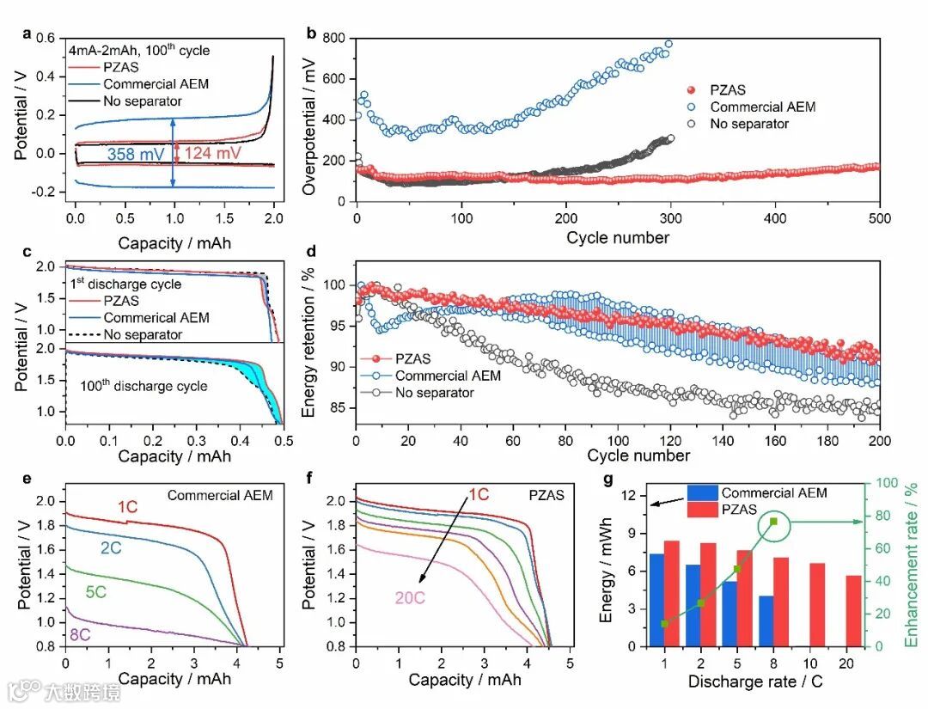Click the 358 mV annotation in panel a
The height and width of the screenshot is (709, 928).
click(136, 155)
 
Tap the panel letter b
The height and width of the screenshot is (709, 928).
click(311, 34)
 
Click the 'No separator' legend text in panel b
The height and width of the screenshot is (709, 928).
click(748, 125)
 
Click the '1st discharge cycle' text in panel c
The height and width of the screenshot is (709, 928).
click(125, 284)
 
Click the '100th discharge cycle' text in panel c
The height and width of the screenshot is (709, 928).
click(143, 386)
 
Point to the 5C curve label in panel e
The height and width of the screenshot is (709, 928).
click(101, 592)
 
